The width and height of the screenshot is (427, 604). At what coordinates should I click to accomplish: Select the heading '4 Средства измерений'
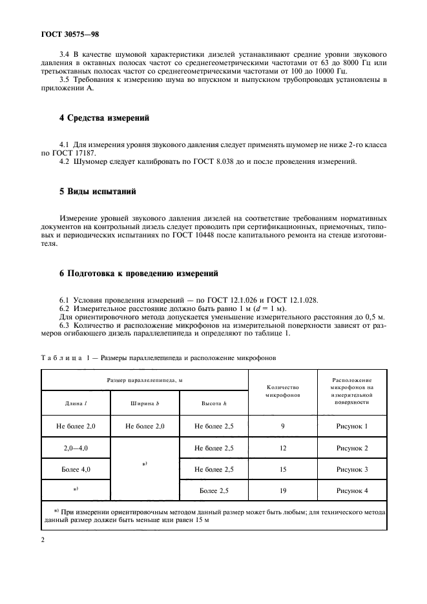(104, 118)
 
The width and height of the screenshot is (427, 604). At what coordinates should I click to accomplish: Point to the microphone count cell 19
(283, 490)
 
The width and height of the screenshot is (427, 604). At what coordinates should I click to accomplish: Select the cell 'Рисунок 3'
(352, 469)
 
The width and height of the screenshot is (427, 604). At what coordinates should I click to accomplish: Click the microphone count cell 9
(283, 426)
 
